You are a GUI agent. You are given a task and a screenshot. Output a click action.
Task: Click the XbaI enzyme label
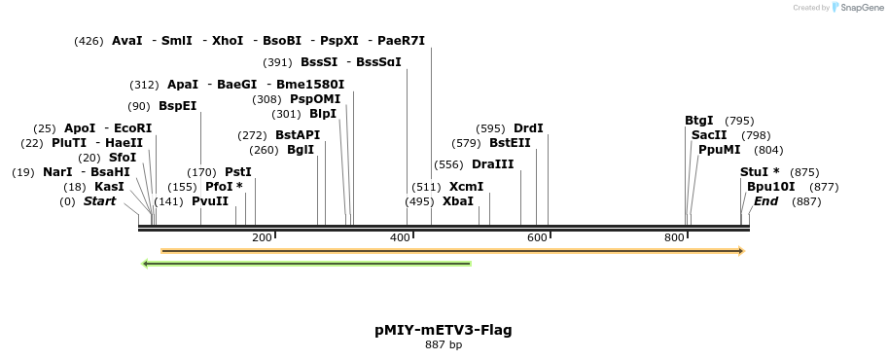point(458,201)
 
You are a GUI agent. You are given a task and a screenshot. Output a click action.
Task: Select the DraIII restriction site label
point(492,164)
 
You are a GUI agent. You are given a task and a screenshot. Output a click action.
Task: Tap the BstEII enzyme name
point(510,143)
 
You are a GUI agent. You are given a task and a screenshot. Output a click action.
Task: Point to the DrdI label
point(528,128)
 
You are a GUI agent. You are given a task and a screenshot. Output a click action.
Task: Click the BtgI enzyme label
point(698,121)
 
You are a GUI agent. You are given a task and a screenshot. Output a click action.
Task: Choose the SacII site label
point(709,135)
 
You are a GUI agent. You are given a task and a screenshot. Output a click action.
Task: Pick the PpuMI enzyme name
point(719,150)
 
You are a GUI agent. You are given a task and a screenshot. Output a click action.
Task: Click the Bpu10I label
point(770,187)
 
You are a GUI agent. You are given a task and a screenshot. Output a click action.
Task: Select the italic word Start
point(99,201)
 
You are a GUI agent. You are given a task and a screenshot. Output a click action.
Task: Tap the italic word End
point(765,201)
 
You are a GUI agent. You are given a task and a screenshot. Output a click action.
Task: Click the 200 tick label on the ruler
point(262,237)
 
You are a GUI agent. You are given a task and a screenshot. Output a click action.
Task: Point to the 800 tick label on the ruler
point(674,237)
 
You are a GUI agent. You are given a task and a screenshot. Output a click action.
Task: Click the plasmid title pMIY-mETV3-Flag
point(444,330)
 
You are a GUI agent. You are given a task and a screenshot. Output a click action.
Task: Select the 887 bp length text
point(444,345)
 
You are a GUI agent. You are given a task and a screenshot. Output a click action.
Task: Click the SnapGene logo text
point(860,8)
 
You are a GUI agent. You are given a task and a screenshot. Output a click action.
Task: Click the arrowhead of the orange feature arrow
point(741,251)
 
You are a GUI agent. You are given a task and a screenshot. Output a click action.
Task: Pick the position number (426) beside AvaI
point(89,41)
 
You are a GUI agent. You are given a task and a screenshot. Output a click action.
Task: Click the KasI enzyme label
point(109,187)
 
